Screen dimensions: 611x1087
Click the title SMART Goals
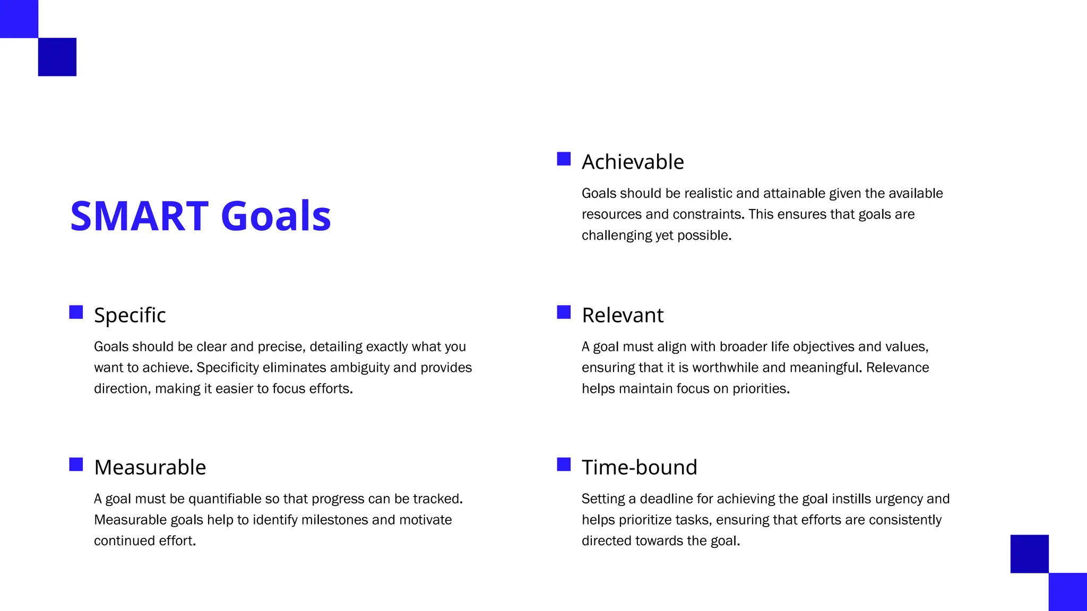click(201, 216)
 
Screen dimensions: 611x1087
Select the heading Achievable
click(633, 162)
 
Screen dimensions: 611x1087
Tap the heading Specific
click(130, 315)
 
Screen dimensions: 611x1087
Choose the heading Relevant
click(623, 315)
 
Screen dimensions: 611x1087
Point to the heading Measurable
click(150, 467)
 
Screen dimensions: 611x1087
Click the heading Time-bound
click(640, 467)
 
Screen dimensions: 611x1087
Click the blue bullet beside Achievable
click(564, 159)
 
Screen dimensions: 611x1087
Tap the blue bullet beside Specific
click(76, 312)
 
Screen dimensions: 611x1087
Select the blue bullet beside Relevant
click(564, 312)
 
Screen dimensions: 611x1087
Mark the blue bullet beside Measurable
click(76, 465)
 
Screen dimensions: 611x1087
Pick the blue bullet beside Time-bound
click(564, 465)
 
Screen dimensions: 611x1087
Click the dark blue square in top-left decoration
click(57, 57)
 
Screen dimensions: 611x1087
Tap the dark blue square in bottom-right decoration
click(1029, 554)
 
